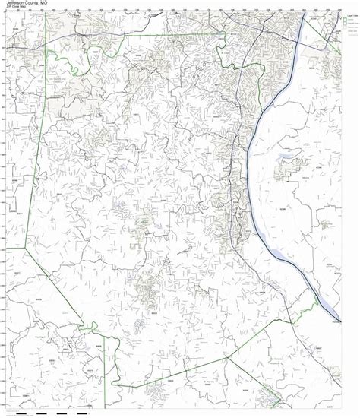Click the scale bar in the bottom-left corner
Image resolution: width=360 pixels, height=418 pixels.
tap(46, 413)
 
